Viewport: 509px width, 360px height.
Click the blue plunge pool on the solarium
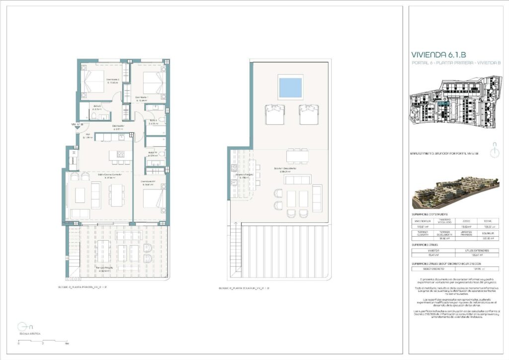click(x=291, y=88)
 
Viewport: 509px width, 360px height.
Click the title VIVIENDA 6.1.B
click(x=438, y=55)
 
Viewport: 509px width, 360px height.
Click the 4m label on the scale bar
click(x=67, y=344)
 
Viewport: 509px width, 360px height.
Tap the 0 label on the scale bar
click(x=19, y=344)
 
